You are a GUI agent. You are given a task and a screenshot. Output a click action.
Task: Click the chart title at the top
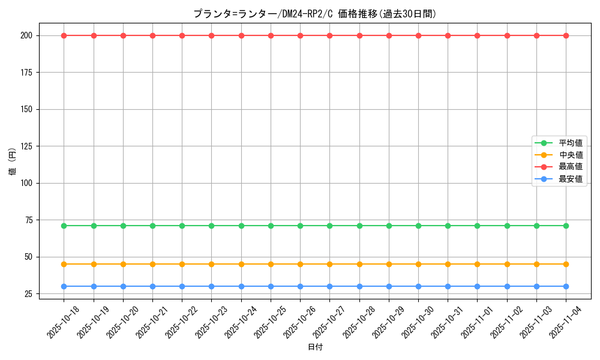coord(314,14)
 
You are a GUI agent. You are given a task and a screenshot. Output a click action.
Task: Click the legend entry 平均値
coord(570,143)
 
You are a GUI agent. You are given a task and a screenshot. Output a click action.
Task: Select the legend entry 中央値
coord(570,155)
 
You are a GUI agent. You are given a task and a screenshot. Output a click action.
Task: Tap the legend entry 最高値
coord(570,167)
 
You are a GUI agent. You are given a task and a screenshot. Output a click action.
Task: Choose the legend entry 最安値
coord(570,179)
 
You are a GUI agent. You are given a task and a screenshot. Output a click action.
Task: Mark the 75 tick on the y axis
coord(30,220)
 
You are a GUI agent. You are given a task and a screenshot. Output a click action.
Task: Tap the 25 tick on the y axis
coord(30,294)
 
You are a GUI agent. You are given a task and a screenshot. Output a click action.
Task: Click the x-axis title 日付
coord(315,347)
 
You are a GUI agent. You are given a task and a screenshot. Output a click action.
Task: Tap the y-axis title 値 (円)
coord(13,162)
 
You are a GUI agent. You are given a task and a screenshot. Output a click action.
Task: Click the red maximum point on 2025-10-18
coord(64,35)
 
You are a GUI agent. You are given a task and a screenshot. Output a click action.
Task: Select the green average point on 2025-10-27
coord(330,226)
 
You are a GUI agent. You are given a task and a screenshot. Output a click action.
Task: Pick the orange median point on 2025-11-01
coord(478,264)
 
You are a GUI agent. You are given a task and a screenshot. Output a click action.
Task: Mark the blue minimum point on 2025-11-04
coord(566,286)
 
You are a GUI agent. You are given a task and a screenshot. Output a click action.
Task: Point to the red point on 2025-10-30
coord(418,35)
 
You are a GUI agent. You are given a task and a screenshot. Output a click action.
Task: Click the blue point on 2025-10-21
coord(152,286)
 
